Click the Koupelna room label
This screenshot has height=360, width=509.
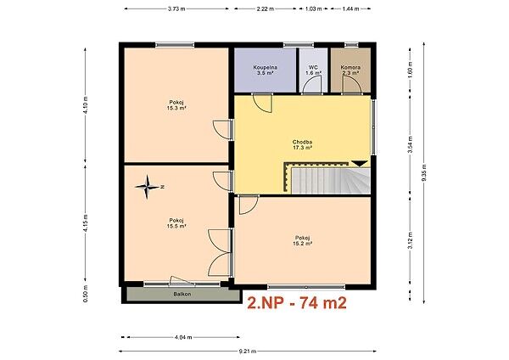[x=266, y=70]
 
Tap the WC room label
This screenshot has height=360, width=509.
[x=313, y=70]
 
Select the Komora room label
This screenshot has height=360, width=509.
[x=350, y=70]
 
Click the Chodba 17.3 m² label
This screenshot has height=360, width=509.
[x=302, y=144]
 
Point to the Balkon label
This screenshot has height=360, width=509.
[x=182, y=295]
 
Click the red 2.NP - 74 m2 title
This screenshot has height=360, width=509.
[x=297, y=303]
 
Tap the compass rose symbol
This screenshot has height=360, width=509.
[x=148, y=187]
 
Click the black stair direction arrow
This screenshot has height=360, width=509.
[x=360, y=163]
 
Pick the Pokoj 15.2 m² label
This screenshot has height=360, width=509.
[x=302, y=240]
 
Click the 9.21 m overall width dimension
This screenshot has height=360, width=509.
[x=248, y=351]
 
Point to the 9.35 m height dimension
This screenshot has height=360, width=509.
[x=424, y=172]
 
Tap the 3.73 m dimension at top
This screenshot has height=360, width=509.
[x=176, y=8]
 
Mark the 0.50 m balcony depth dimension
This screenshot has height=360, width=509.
[x=86, y=294]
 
